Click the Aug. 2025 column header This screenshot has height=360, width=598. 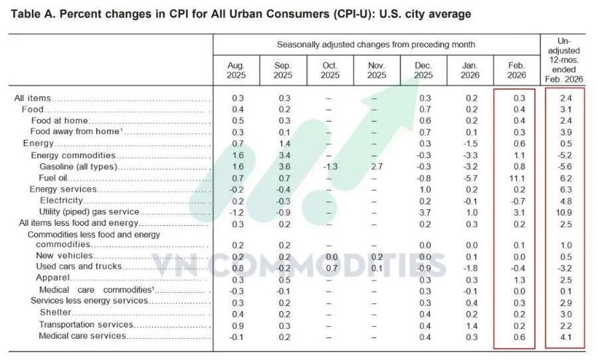[x=236, y=70]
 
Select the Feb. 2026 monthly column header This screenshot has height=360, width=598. [x=516, y=70]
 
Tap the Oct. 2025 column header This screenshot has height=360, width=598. [x=330, y=70]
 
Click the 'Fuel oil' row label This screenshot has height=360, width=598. [x=54, y=178]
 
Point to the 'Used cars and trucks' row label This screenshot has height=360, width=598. [x=79, y=266]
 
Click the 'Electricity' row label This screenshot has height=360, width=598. [x=61, y=200]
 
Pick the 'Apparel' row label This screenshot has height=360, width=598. [x=50, y=278]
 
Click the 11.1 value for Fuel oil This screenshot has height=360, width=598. [x=516, y=178]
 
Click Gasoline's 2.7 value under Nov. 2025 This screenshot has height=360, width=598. [x=376, y=166]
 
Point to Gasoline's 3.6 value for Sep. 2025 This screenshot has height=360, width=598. [x=283, y=166]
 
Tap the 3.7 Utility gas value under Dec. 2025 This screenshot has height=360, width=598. [x=423, y=212]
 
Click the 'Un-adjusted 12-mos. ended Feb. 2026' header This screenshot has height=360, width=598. [x=563, y=60]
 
